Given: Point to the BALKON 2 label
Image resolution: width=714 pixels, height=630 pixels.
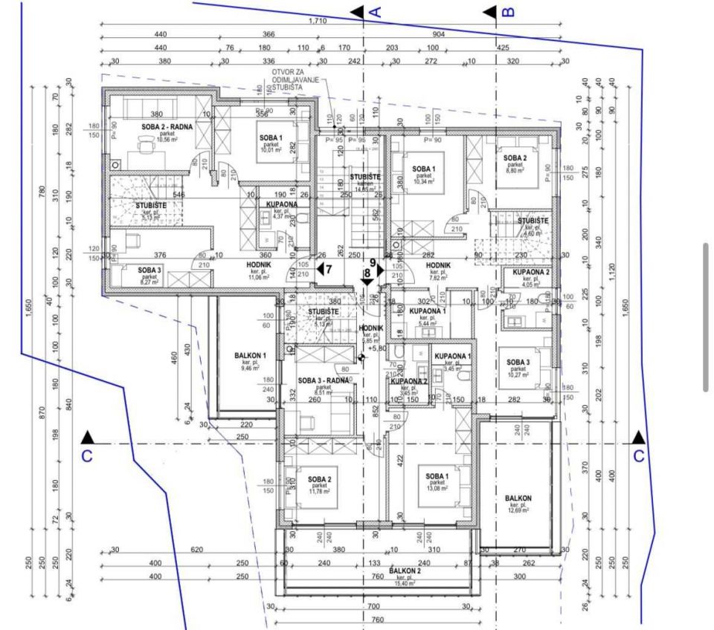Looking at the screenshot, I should tap(405, 571).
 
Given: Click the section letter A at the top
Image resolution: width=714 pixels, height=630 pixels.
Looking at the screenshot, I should tap(375, 11).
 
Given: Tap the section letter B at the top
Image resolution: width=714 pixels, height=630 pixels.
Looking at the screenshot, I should tap(509, 11).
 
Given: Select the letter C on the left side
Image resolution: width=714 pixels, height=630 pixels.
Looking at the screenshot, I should tap(87, 455).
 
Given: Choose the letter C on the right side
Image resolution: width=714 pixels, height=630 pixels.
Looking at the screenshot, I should tap(638, 455).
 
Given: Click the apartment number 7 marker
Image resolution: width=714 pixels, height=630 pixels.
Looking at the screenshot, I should tap(329, 270).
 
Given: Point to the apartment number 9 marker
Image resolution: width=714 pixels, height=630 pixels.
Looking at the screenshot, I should tap(373, 262).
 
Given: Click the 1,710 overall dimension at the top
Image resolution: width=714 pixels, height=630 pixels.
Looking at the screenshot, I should tap(318, 21).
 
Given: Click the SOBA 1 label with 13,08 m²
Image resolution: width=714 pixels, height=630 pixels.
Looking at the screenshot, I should tap(437, 476).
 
